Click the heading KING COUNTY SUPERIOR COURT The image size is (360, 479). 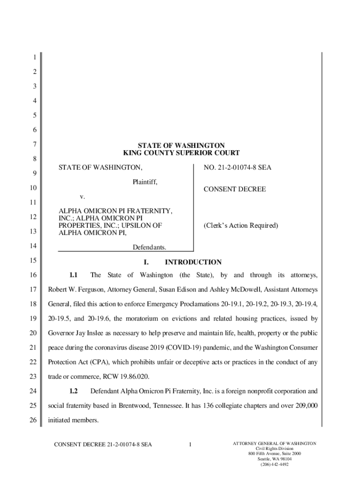181,153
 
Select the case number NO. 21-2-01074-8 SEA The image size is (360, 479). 238,167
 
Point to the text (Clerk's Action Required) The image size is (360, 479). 241,225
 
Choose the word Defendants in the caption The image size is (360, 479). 150,247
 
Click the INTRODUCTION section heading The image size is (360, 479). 193,262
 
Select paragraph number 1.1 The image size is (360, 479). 73,275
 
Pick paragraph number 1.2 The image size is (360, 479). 73,391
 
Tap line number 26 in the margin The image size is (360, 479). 34,420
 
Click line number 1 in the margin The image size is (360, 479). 34,58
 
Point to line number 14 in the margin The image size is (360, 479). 34,246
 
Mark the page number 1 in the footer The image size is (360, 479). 191,444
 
